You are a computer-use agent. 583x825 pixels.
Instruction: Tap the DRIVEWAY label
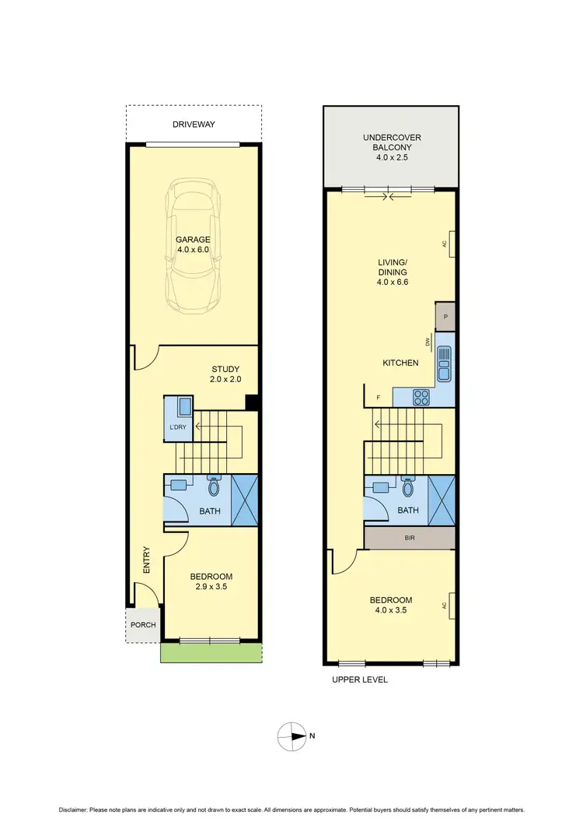coord(194,125)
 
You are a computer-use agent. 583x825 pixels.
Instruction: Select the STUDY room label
coord(225,369)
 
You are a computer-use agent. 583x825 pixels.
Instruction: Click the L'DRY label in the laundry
coord(176,429)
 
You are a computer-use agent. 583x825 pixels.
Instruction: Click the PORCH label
coord(143,625)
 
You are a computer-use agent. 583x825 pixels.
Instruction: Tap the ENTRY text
coord(146,560)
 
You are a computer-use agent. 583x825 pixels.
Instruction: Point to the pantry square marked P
coord(445,317)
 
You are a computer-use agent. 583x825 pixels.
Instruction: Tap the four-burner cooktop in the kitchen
coord(421,397)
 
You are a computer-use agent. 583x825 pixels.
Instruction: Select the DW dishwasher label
coord(428,342)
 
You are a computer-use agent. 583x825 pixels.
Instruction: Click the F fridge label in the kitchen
coord(379,398)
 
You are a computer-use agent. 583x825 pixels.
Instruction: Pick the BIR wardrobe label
coord(409,538)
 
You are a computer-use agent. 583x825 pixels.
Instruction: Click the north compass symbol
coord(293,735)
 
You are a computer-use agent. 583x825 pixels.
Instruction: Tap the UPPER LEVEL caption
coord(359,679)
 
